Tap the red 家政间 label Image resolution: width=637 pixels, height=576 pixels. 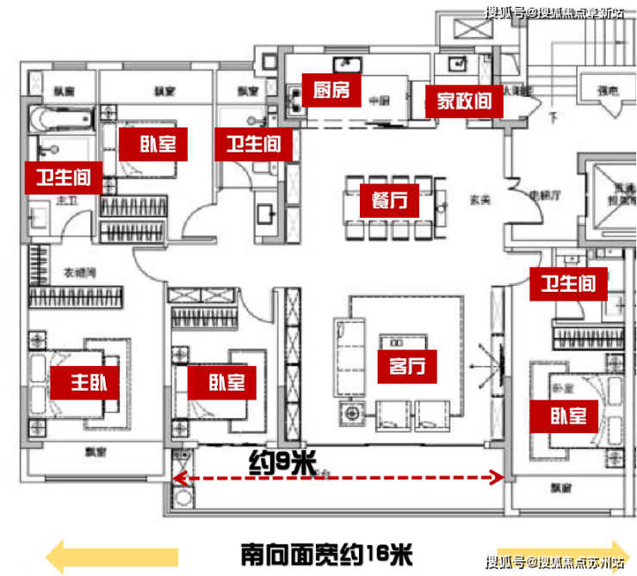pyautogui.click(x=464, y=101)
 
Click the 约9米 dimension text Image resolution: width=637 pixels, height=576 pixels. pyautogui.click(x=282, y=463)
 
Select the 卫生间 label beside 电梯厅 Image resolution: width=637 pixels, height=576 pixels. pyautogui.click(x=568, y=283)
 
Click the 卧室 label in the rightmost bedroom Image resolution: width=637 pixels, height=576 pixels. pyautogui.click(x=563, y=416)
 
